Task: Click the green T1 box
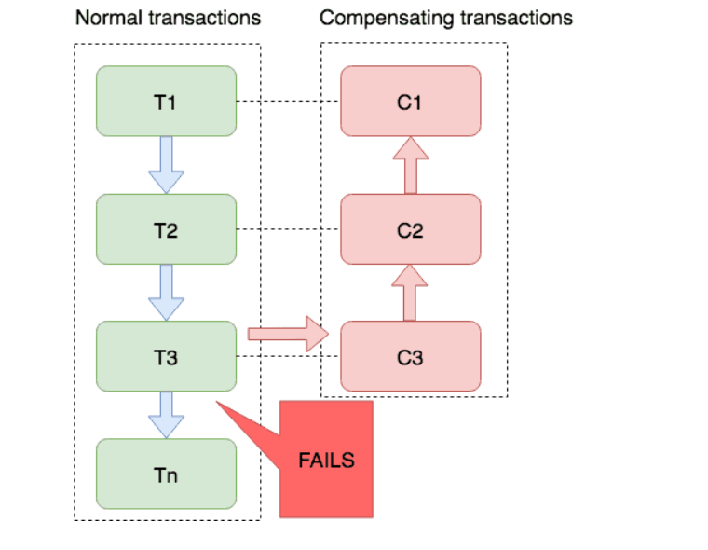coord(166,101)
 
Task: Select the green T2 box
coord(166,229)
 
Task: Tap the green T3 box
coord(166,356)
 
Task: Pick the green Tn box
coord(166,474)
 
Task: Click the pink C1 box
coord(411,101)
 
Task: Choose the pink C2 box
coord(411,229)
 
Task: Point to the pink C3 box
coord(411,356)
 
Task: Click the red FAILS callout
coord(326,460)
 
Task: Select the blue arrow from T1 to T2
coord(166,165)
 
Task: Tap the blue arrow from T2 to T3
coord(166,293)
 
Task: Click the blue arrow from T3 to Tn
coord(166,415)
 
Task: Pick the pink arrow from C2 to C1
coord(411,165)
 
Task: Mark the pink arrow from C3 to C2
coord(410,293)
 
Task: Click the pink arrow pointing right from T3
coord(288,334)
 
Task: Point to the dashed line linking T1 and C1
coord(288,101)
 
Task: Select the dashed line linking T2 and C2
coord(288,229)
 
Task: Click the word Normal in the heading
coord(109,18)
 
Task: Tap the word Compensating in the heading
coord(387,19)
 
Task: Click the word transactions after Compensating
coord(516,19)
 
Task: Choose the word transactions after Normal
coord(205,18)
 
